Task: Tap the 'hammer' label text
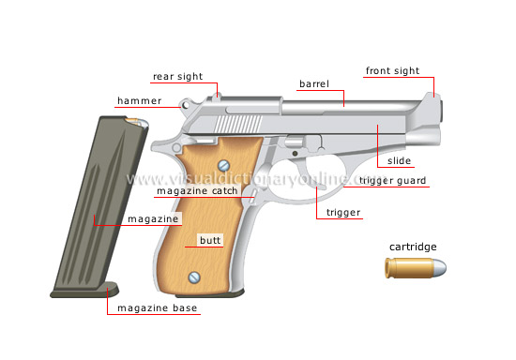pos(140,99)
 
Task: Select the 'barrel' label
pos(313,84)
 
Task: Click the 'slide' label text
pos(400,161)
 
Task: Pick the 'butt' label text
pos(209,240)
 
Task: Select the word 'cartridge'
pos(414,247)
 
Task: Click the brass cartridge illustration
pos(414,269)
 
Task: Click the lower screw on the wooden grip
pos(194,277)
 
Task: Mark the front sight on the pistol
pos(435,88)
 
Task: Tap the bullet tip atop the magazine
pos(137,122)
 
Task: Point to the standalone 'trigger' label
pos(343,213)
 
